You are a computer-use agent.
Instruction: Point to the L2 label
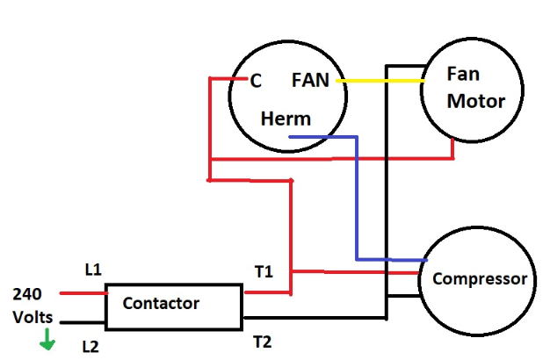coord(90,347)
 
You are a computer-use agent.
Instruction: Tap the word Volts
coord(32,317)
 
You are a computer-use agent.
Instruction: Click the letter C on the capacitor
coord(256,81)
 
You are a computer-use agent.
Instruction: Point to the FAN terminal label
coord(310,81)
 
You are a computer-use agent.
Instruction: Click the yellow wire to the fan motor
coord(378,81)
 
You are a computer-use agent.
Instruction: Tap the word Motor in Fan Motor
coord(476,101)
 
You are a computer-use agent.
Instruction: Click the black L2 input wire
coord(83,323)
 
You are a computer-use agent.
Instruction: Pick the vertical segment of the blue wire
coord(357,198)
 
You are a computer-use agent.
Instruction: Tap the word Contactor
coord(161,304)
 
